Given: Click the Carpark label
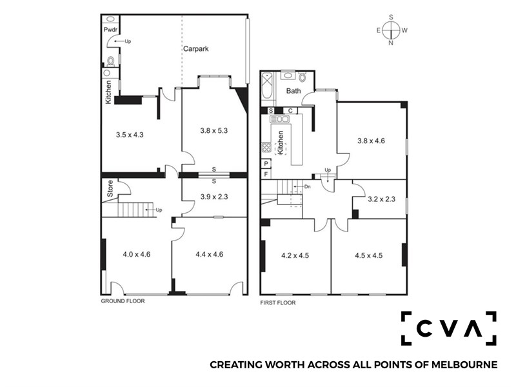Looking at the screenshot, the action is [196, 49].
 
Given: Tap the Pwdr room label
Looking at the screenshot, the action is [110, 30].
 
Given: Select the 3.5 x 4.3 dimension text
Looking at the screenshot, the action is [130, 135].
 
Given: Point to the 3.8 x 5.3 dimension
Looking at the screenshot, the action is [214, 131].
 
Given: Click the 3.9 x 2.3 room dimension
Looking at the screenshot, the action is [214, 197].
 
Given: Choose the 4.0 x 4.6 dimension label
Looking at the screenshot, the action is [137, 254].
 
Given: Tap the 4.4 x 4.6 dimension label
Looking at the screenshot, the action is [209, 254].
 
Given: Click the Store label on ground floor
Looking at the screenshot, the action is [110, 188].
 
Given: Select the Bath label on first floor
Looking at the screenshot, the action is [293, 91].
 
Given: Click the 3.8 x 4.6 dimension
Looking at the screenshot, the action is [372, 141].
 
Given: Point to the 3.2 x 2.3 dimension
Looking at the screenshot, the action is [381, 199].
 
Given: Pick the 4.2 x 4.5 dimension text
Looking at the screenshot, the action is [295, 255].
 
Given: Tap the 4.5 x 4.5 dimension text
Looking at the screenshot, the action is [368, 255].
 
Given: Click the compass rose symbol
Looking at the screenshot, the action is [392, 30].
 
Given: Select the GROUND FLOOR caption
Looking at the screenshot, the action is [123, 301].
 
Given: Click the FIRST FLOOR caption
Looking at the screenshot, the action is [278, 303].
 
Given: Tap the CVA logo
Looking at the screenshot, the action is [448, 328].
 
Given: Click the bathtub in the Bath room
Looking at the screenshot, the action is [267, 86].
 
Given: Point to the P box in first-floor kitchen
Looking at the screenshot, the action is [266, 164].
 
